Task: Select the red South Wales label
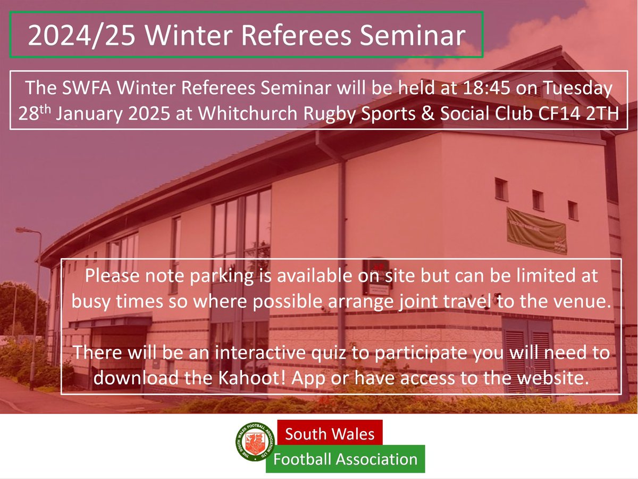coord(330,434)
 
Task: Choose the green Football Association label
coord(345,459)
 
